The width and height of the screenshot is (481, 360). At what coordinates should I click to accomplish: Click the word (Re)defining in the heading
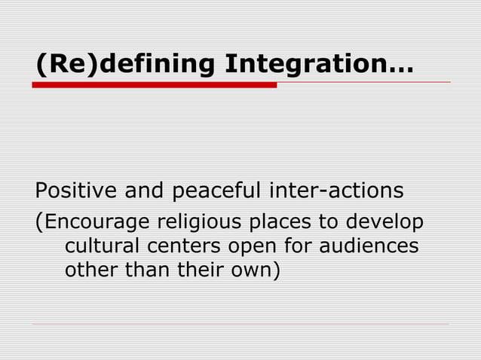[126, 65]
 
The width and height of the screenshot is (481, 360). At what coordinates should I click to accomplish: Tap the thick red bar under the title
[155, 85]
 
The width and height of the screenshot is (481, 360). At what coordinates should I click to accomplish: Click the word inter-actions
[335, 191]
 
